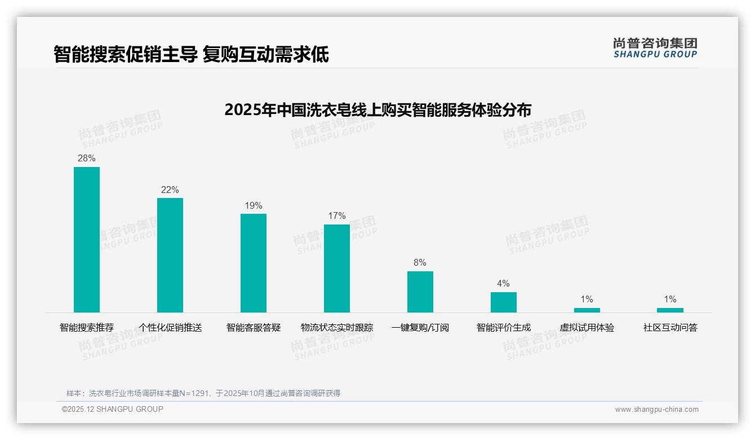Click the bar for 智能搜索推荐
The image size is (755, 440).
(87, 240)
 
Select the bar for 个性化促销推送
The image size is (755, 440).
(170, 255)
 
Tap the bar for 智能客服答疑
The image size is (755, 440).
(254, 263)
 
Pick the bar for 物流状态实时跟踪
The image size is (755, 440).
(337, 269)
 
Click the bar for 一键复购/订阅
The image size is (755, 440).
(420, 292)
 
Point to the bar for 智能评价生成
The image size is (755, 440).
(503, 302)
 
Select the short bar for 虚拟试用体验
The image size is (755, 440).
(587, 310)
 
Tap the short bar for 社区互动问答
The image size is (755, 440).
(670, 310)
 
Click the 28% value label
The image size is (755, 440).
(87, 159)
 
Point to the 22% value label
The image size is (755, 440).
(170, 190)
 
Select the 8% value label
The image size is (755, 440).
(420, 263)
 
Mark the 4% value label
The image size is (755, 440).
(503, 284)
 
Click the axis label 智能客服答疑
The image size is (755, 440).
(254, 328)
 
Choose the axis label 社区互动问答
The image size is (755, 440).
(670, 328)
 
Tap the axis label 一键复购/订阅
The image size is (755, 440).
(420, 328)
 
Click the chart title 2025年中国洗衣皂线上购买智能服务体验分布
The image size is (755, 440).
(377, 110)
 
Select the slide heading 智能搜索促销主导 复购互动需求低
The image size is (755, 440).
(191, 55)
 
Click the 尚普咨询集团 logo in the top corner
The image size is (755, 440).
(655, 48)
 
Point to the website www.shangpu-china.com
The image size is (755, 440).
(656, 410)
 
